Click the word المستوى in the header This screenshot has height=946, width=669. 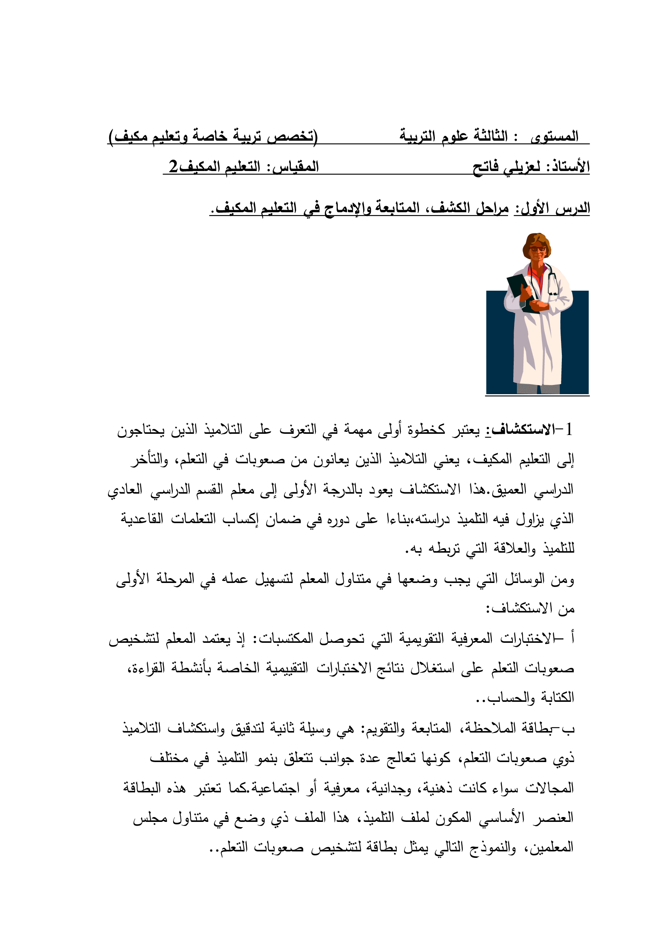(x=555, y=136)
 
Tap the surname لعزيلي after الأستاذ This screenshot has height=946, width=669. (x=521, y=167)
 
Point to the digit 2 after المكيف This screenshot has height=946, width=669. (x=173, y=167)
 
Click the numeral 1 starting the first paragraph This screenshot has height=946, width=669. (x=569, y=430)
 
